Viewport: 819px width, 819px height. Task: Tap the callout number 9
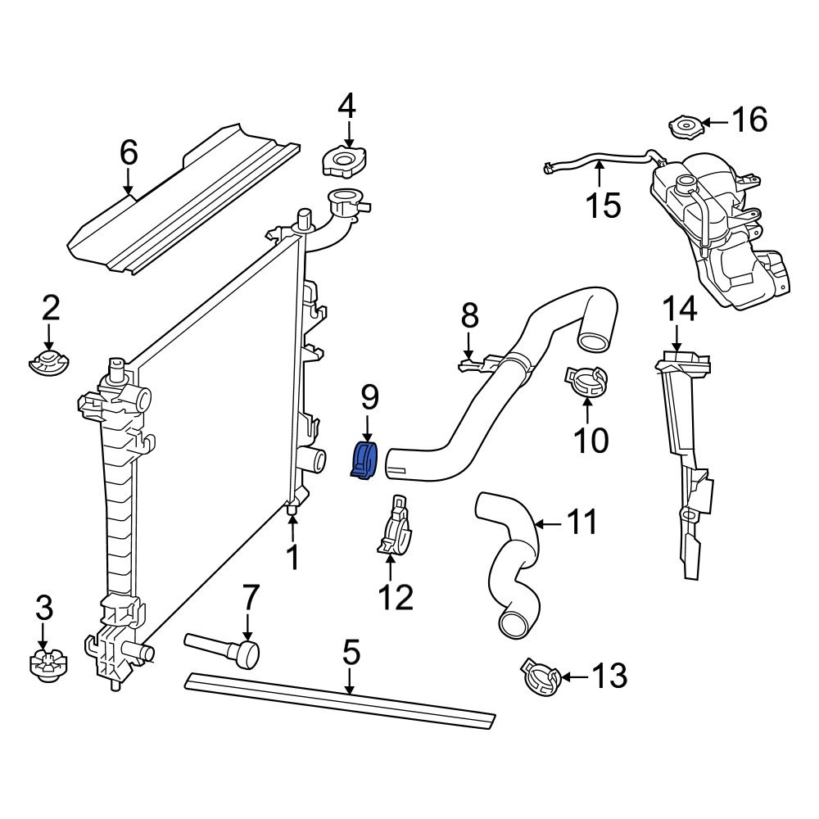[369, 399]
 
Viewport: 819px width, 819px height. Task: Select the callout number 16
[749, 120]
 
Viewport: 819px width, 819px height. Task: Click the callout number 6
[129, 153]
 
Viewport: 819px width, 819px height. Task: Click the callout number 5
[351, 653]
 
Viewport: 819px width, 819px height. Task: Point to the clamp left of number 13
[541, 679]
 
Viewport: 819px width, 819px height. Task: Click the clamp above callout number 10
[587, 380]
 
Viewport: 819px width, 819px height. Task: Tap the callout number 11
[582, 522]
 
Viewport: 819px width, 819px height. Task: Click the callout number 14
[679, 309]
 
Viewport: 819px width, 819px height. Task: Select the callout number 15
[603, 205]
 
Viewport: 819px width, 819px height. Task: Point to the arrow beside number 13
[574, 677]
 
